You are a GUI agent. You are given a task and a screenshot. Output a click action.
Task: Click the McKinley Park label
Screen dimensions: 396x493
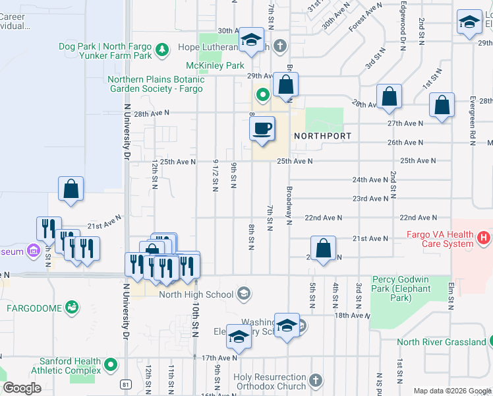click(x=215, y=66)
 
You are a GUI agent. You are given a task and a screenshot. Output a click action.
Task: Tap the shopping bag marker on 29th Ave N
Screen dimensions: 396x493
click(x=286, y=85)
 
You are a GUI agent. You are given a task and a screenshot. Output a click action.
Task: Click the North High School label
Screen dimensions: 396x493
click(x=196, y=294)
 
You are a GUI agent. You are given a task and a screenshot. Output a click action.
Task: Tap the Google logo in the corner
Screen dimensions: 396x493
click(x=22, y=388)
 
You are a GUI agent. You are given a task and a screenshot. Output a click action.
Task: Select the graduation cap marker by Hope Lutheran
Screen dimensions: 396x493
click(x=250, y=40)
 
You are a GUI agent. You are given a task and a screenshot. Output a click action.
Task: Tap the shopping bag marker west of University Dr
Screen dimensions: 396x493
click(x=71, y=189)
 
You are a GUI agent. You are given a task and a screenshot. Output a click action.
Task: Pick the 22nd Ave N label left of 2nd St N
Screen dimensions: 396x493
click(x=323, y=218)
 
